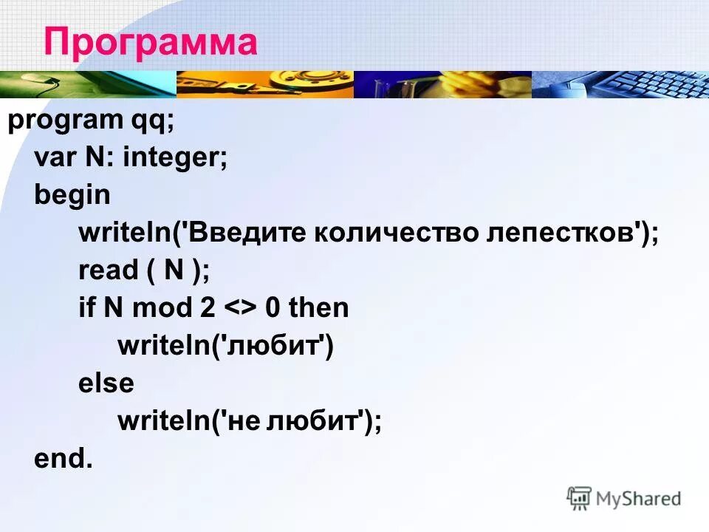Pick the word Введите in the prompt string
246,233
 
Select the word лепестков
562,233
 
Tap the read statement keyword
108,270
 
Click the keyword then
318,308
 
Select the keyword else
106,383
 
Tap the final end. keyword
64,459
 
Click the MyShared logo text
638,499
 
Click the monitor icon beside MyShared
579,497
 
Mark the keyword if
86,308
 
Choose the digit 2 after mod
206,308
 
